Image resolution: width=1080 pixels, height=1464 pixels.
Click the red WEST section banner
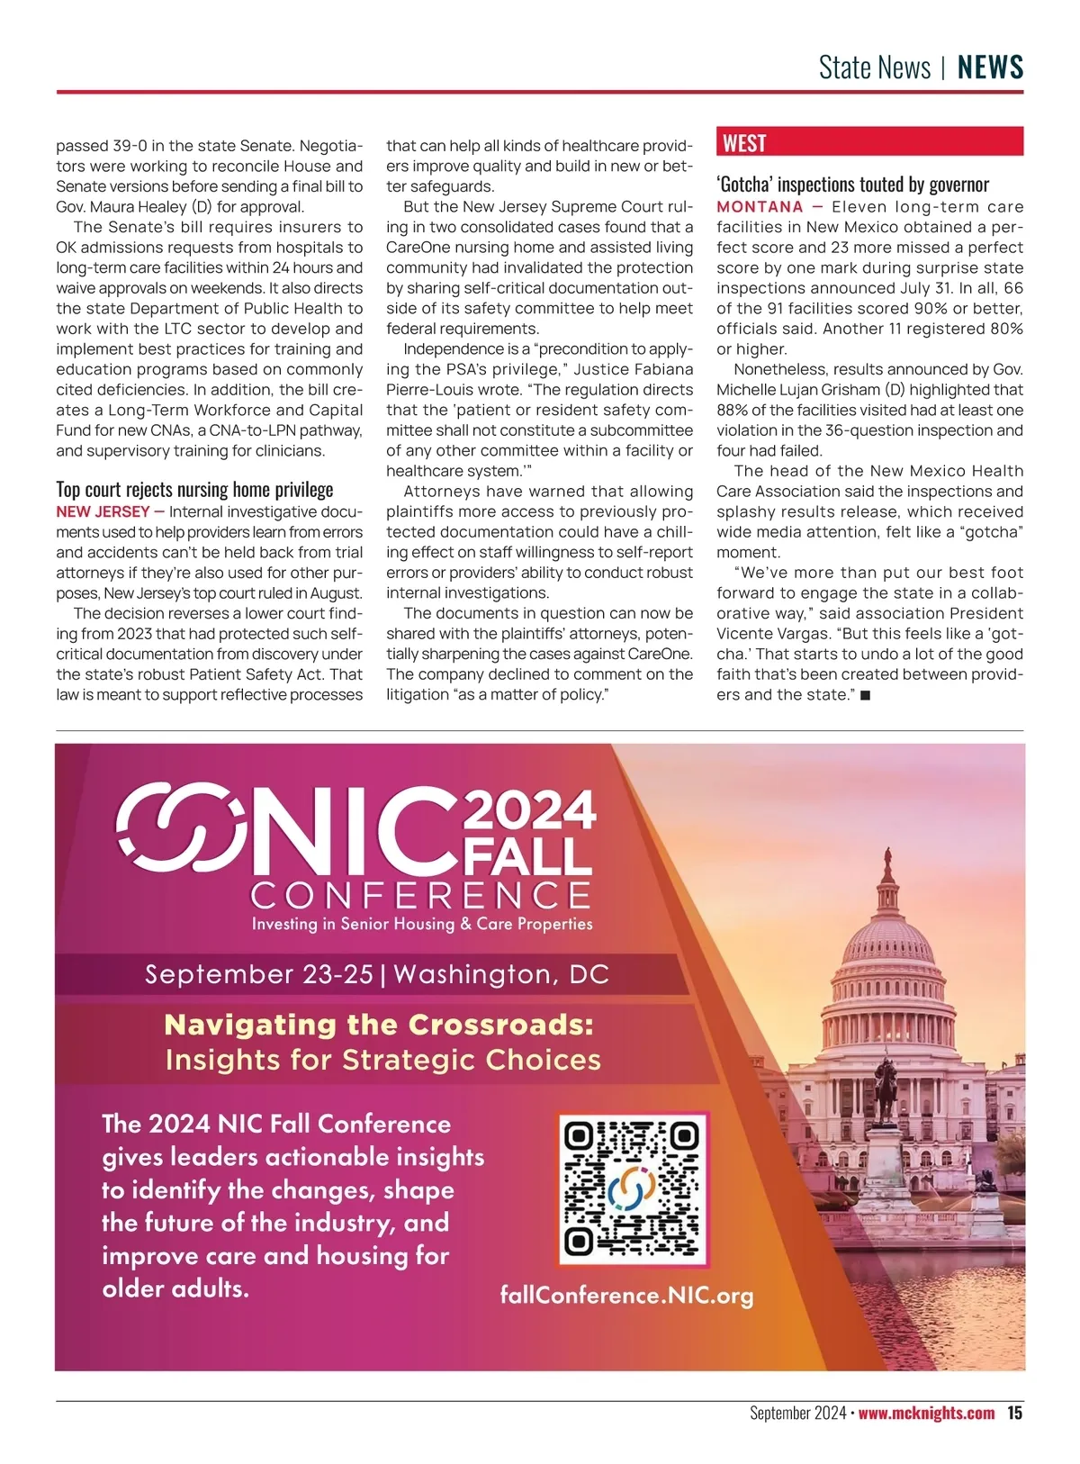(869, 142)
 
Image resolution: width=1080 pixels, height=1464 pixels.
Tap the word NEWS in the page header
(990, 68)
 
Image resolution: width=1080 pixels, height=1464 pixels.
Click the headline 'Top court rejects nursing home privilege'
(194, 489)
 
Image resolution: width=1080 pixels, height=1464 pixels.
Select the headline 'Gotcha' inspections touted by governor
(852, 185)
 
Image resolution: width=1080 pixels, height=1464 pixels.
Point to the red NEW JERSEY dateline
(103, 511)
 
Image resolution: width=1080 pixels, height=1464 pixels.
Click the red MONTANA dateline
(760, 206)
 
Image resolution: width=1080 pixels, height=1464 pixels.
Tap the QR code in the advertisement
(633, 1188)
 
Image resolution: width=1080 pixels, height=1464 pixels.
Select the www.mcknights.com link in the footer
(926, 1413)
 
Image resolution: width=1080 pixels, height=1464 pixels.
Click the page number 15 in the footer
(1014, 1413)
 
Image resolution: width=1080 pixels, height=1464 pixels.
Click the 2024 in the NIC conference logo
(529, 809)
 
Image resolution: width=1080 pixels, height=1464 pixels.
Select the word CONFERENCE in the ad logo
(421, 895)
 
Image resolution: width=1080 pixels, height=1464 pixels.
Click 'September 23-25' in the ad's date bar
(258, 974)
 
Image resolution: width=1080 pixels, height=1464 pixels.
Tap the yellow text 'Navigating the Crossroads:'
(379, 1025)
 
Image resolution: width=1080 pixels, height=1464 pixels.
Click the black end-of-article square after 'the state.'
(865, 695)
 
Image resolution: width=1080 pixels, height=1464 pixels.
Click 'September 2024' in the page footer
(797, 1413)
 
